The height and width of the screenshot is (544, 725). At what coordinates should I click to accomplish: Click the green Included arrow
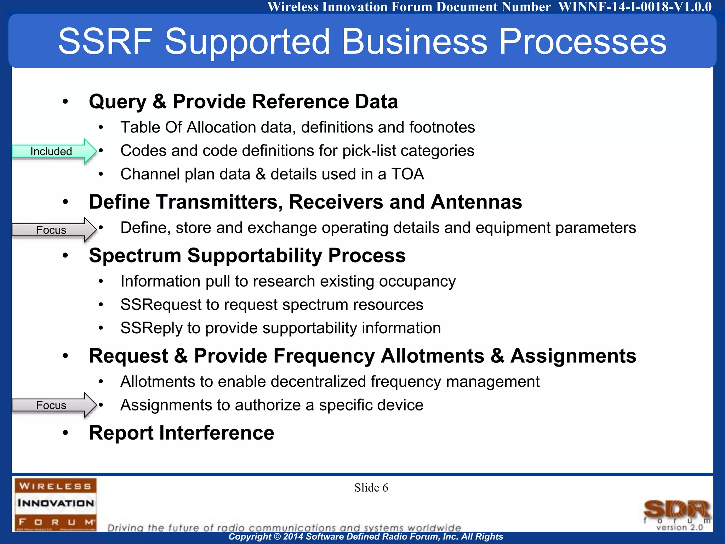pos(53,151)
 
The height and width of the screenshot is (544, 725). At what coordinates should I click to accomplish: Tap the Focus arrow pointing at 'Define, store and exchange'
pos(53,230)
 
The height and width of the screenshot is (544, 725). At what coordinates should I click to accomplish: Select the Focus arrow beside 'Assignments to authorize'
pos(53,405)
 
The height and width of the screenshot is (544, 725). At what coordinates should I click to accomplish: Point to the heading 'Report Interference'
pos(181,433)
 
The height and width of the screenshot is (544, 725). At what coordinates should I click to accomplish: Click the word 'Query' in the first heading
pos(118,102)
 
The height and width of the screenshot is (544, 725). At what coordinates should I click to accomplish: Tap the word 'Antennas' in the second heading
pos(476,202)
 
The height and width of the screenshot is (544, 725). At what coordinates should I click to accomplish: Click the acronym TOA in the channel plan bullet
pos(407,174)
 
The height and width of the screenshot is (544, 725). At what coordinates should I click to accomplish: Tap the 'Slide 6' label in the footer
pos(371,488)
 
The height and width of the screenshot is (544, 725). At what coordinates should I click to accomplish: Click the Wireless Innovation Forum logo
pos(55,504)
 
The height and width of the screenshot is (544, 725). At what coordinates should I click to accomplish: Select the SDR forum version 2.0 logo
pos(677,515)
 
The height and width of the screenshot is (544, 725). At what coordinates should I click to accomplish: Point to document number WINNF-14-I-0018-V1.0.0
pos(635,7)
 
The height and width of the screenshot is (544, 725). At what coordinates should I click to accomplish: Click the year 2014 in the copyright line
pos(293,537)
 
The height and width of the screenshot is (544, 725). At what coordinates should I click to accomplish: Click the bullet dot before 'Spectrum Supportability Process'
pos(65,255)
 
